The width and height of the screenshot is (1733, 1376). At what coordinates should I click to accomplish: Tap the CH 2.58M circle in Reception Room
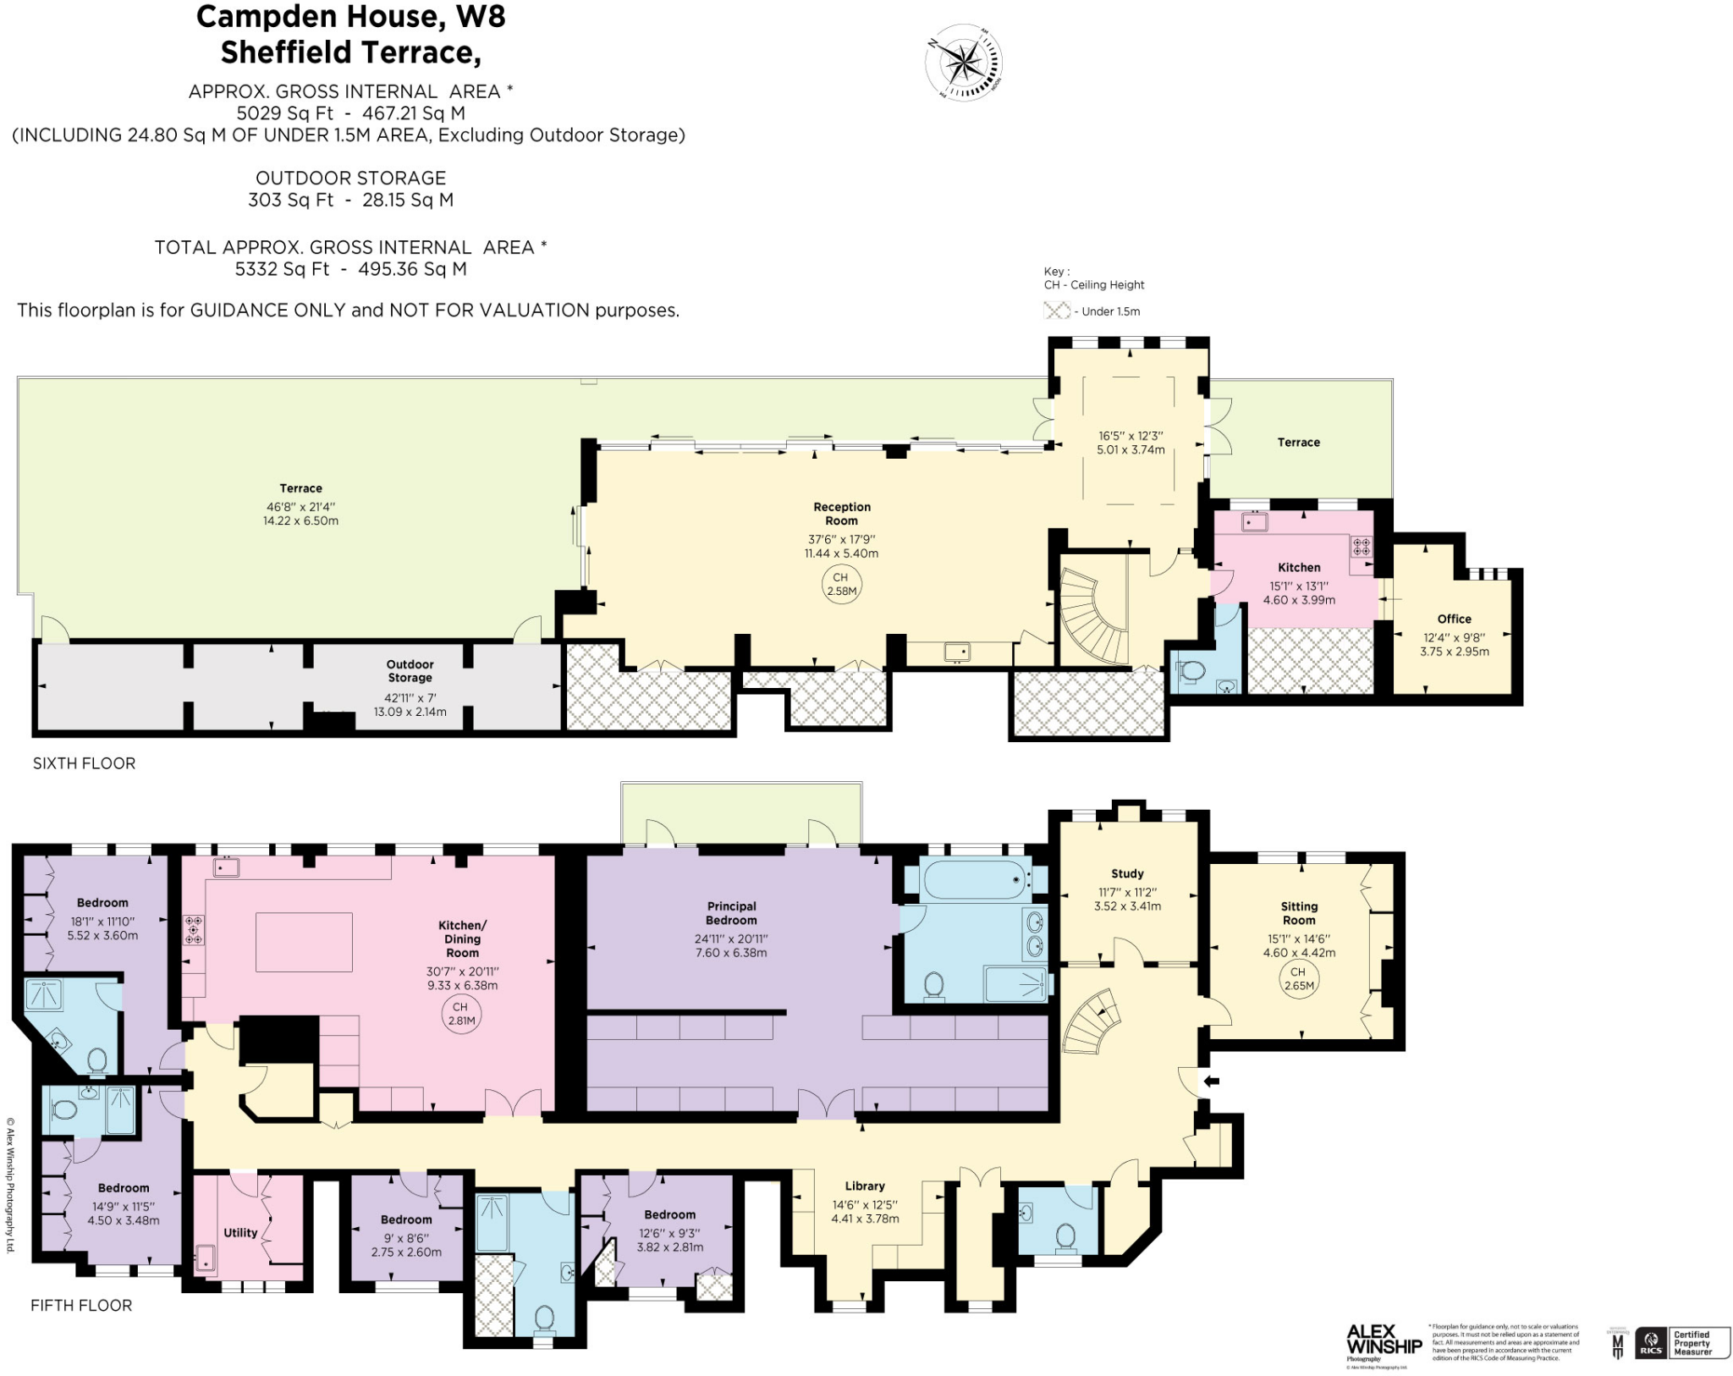pos(840,584)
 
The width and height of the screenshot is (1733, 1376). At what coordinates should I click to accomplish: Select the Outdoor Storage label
pos(410,671)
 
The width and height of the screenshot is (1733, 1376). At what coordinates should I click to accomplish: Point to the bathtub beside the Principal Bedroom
pos(975,880)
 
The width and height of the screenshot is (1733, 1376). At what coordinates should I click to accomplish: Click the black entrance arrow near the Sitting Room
pos(1212,1081)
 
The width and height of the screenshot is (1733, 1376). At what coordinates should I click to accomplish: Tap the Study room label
pos(1127,873)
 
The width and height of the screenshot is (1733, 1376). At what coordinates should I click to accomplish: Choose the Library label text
pos(864,1186)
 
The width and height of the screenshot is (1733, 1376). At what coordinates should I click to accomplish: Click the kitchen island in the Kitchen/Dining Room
pos(304,942)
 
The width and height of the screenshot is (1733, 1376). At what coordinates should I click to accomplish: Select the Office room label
pos(1454,619)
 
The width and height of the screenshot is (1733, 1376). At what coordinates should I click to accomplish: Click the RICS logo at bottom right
pos(1651,1344)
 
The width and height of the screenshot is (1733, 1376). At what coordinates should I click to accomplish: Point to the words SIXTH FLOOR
pos(84,763)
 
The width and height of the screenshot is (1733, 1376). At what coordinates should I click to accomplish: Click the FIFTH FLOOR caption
pos(81,1306)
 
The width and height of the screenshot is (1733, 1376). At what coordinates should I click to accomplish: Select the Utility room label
pos(240,1232)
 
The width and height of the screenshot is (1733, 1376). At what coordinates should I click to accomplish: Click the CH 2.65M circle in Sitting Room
pos(1298,979)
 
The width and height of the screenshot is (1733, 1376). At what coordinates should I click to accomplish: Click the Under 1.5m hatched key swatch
pos(1057,311)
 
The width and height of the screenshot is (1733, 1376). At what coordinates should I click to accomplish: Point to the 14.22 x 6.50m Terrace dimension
pos(300,520)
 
